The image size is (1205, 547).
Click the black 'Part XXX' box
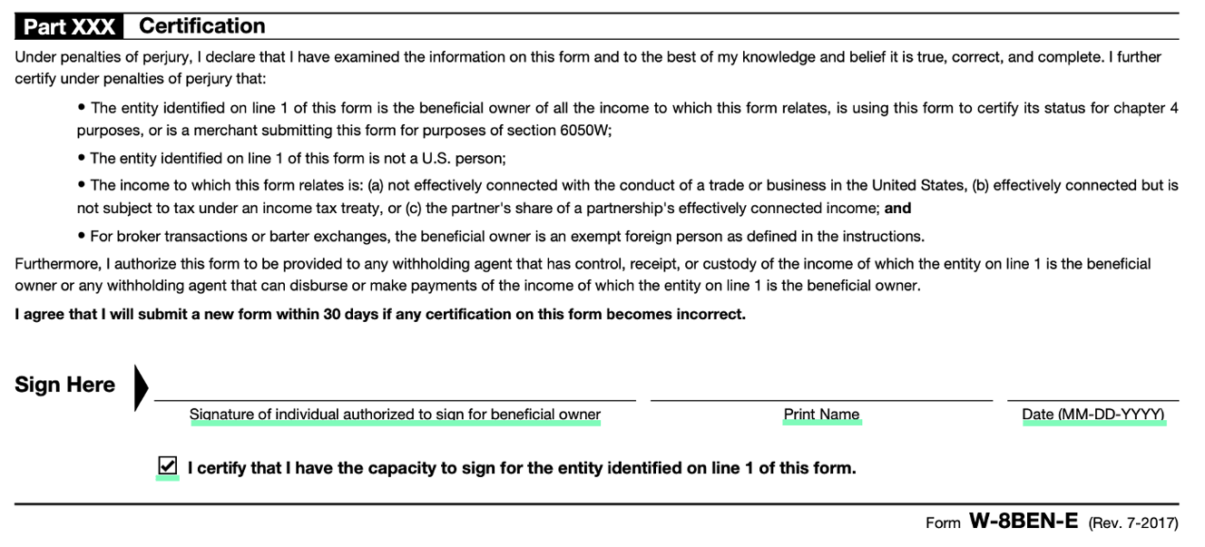click(69, 26)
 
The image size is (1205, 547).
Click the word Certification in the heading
click(201, 25)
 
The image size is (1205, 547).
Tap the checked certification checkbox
click(167, 466)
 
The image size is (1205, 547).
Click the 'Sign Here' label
click(64, 385)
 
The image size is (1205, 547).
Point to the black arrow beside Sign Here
click(141, 387)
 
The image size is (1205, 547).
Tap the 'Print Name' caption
click(821, 415)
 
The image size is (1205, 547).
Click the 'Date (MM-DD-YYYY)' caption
click(1092, 415)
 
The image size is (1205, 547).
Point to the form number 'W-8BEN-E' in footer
click(1024, 522)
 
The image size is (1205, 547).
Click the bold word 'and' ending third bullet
click(897, 209)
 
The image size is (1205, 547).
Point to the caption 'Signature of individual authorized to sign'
click(395, 415)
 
